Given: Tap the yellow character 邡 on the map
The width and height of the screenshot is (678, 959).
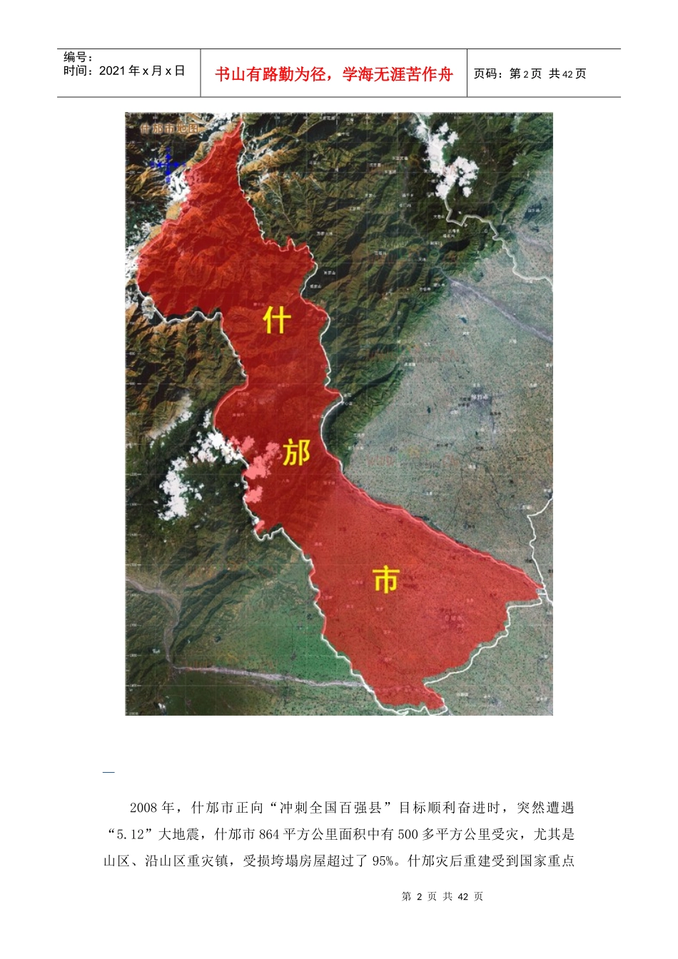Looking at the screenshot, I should [x=295, y=452].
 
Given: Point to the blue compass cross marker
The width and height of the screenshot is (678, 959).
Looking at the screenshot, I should [x=167, y=166].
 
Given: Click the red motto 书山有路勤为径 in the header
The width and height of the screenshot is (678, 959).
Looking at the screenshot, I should [x=270, y=74].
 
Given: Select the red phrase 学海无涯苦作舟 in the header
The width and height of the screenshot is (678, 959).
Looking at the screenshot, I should [x=398, y=74].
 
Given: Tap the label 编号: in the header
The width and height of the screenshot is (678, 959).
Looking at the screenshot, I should [x=79, y=57].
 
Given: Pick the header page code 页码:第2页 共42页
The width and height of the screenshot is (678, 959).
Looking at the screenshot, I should [x=530, y=73].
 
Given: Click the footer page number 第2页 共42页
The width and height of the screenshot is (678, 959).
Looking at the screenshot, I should [x=442, y=896].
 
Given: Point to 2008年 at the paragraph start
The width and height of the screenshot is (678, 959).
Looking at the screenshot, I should [x=152, y=808].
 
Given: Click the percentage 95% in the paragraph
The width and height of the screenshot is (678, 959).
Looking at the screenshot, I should [x=383, y=861].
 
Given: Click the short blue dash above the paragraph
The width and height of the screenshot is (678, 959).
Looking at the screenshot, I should [x=108, y=772].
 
